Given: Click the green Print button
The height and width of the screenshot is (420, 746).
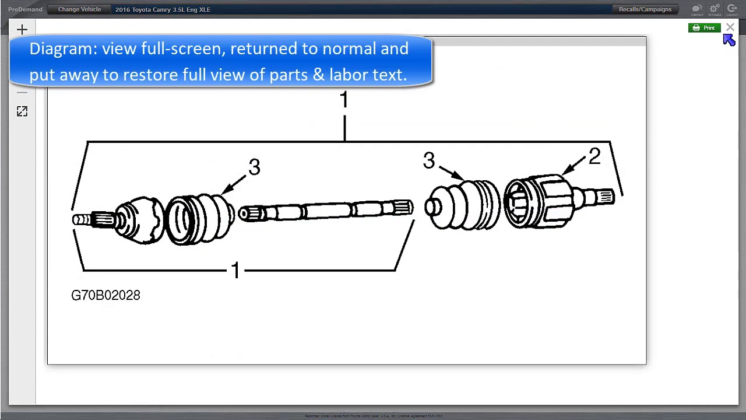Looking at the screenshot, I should coord(704,28).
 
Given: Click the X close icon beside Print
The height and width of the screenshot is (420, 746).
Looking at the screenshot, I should coord(730,27).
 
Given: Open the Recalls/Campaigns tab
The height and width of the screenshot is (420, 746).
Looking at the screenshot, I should coord(645,9).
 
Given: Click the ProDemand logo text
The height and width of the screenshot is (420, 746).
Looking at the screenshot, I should coord(25,9).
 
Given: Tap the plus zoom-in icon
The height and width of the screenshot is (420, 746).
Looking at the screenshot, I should coord(22,30).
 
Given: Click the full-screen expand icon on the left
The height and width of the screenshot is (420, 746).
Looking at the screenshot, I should coord(22,111).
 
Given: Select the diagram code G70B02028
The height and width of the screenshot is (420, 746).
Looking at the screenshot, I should coord(105,295).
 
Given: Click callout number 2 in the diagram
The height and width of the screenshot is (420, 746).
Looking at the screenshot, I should coord(594,156).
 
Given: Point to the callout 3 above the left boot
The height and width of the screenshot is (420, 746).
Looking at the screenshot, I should coord(254,167).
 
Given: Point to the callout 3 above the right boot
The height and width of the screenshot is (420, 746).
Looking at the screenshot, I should coord(429,161).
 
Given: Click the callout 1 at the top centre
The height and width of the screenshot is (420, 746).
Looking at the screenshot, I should coord(344,100).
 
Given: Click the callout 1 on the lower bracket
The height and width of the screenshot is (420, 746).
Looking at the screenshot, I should coord(235,270).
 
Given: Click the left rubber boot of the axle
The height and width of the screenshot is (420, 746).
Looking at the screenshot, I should coord(199,219).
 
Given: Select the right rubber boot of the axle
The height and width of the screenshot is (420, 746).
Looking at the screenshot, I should coord(463,205).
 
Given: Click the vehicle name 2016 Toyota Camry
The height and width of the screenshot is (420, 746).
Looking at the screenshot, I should coord(163,9).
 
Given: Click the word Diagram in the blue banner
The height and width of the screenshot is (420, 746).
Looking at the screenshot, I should coord(63,49).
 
